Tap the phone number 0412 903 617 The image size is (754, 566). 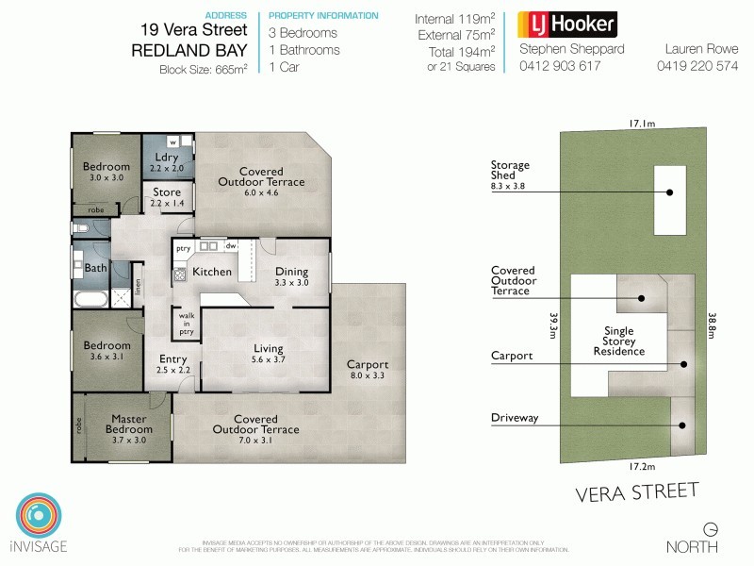[x=559, y=67]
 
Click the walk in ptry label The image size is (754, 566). [x=187, y=324]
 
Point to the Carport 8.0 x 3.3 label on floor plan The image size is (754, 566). [x=368, y=370]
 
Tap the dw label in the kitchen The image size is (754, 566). [x=230, y=245]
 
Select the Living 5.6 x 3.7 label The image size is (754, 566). [x=268, y=355]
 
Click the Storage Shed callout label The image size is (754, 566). [x=510, y=176]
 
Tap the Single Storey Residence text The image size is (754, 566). [x=619, y=341]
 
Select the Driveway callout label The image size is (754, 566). [x=515, y=416]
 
